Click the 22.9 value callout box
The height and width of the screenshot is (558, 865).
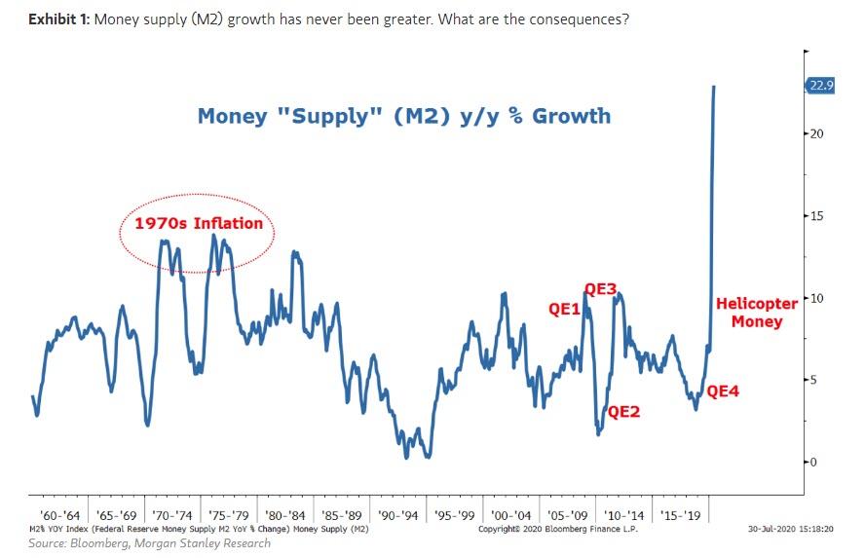tap(820, 86)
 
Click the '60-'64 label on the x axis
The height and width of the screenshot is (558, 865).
tap(59, 514)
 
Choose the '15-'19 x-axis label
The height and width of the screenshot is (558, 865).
tap(680, 514)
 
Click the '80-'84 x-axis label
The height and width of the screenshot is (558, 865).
tap(285, 514)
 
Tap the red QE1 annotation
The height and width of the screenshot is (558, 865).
tap(565, 310)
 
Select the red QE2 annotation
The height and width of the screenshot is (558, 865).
tap(624, 411)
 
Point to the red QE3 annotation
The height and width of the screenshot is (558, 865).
tap(601, 288)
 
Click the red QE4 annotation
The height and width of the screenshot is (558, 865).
tap(724, 391)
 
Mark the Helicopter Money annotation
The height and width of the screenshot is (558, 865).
tap(757, 313)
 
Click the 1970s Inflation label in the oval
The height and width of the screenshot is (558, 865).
tap(198, 223)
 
